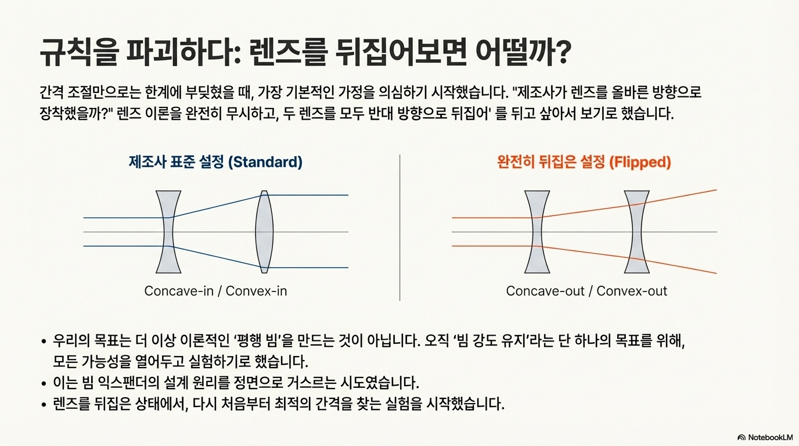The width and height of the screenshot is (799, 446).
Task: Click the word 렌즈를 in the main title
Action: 287,52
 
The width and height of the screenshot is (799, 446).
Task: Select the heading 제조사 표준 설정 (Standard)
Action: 215,162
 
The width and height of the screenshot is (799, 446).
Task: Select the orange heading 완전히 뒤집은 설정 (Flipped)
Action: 584,162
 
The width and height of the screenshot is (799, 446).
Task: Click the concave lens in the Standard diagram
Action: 168,232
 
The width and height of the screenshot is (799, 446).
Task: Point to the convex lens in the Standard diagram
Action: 264,232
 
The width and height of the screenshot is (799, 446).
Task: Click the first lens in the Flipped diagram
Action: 537,232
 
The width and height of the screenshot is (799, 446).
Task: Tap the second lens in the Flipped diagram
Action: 636,232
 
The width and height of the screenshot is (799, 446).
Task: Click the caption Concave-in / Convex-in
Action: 215,291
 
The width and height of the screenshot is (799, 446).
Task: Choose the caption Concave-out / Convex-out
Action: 586,291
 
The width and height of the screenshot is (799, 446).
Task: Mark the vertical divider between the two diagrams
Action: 399,228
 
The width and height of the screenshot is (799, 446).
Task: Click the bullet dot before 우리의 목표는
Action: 44,342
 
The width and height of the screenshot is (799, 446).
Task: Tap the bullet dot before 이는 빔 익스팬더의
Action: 44,384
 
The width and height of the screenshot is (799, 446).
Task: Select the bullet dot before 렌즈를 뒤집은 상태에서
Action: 44,405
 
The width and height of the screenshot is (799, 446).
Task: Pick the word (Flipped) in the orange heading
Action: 640,163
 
